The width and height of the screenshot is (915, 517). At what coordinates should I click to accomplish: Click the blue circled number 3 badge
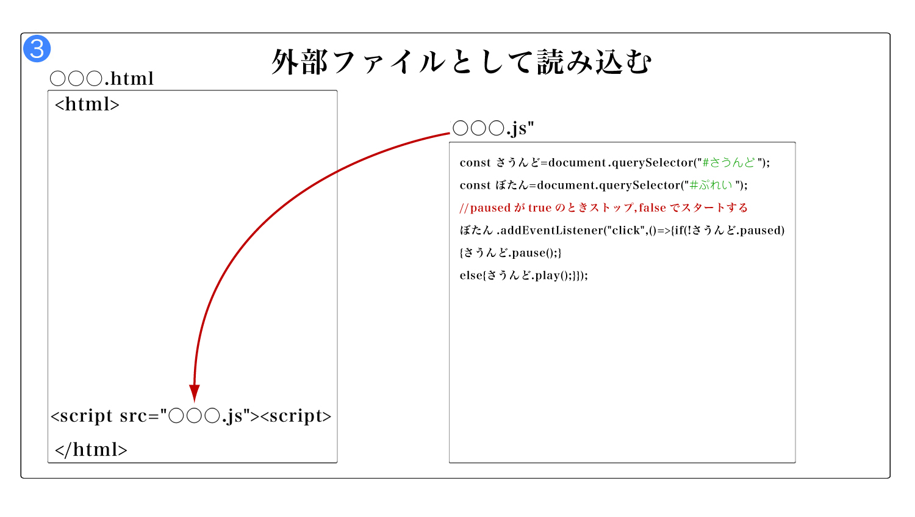[37, 49]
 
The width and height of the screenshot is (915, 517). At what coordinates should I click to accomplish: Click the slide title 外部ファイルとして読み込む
[462, 62]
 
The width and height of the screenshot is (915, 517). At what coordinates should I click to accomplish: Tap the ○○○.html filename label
[102, 78]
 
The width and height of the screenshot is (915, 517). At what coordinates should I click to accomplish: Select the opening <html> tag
[87, 104]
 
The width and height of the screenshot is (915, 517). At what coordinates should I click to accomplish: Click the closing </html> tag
[91, 450]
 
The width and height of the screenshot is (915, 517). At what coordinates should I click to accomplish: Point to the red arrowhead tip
[195, 402]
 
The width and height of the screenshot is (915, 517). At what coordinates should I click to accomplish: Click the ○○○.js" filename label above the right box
[493, 128]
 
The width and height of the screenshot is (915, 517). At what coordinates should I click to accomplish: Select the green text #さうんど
[729, 162]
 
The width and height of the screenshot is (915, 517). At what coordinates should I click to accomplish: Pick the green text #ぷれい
[711, 185]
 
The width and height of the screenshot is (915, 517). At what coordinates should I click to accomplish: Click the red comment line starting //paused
[604, 208]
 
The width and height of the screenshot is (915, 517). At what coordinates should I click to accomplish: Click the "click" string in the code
[626, 230]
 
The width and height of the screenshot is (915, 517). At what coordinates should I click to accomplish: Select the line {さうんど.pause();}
[511, 253]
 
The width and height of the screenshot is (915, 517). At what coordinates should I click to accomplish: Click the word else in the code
[470, 275]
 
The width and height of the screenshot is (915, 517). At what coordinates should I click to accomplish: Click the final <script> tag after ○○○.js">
[296, 416]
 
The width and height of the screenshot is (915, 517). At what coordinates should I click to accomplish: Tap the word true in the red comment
[540, 208]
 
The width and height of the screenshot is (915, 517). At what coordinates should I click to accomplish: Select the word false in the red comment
[652, 208]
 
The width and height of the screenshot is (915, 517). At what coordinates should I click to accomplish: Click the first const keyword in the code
[475, 162]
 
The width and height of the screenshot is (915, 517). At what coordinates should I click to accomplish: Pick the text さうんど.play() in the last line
[528, 275]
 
